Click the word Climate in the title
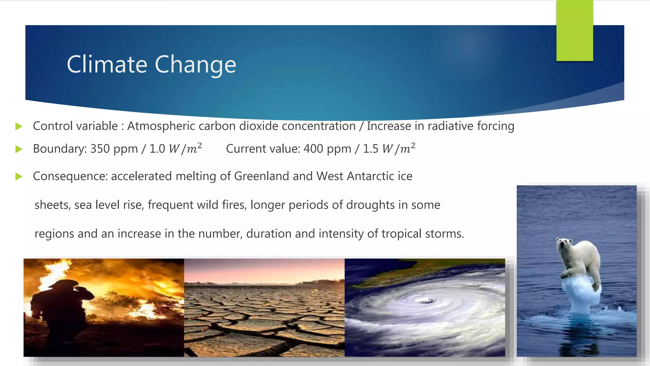[107, 64]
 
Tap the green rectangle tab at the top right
[574, 30]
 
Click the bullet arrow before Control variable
[19, 126]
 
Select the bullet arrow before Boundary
[19, 149]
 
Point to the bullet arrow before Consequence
[19, 177]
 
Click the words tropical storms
[422, 234]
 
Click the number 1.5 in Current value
[370, 149]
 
